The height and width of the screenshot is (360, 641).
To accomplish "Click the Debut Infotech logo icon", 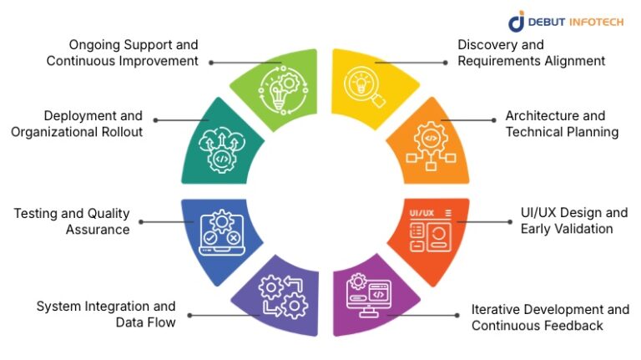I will click(517, 21).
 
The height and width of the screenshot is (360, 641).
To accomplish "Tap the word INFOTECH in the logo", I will click(595, 22).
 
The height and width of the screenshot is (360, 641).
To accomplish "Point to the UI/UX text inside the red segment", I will click(421, 213).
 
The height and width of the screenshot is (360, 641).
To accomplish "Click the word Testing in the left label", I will click(37, 213).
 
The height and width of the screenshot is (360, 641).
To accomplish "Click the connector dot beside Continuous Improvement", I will click(211, 62).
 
